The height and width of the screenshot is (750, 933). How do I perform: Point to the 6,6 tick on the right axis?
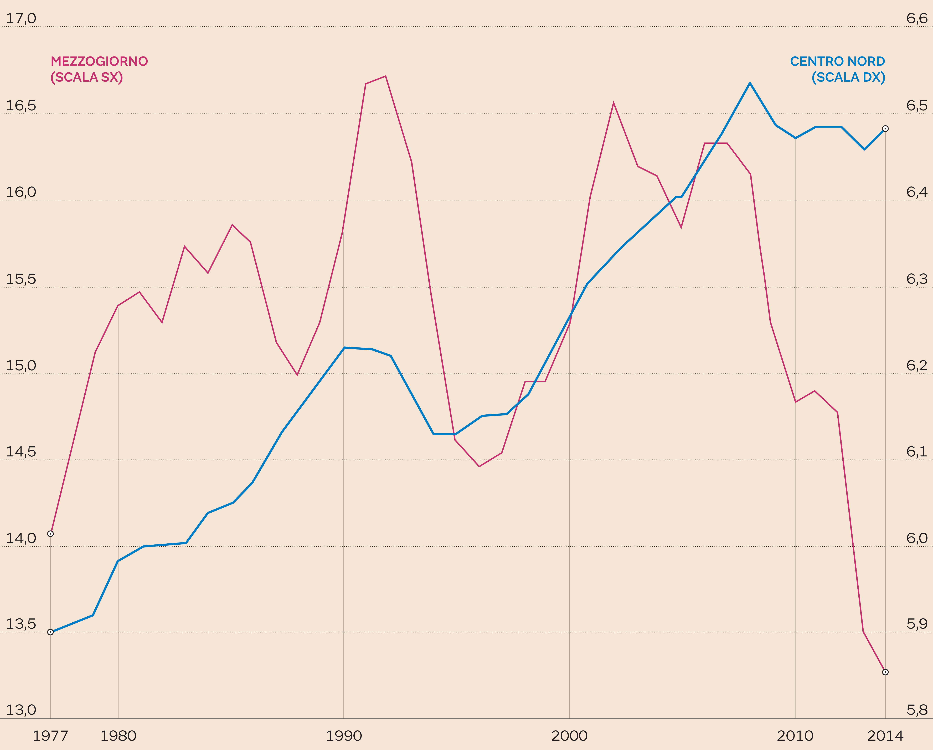[x=917, y=19]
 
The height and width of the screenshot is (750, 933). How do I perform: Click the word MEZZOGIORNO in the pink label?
[x=99, y=61]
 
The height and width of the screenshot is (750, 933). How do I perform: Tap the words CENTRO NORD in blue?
[x=837, y=61]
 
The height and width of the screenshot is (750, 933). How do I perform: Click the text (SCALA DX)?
[x=848, y=77]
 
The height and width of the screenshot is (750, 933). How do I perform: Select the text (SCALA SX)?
[x=87, y=77]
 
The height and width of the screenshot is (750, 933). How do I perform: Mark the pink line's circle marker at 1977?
[x=51, y=534]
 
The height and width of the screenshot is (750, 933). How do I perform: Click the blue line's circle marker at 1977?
[x=51, y=632]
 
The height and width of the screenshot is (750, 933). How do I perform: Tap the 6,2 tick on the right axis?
[x=917, y=366]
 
